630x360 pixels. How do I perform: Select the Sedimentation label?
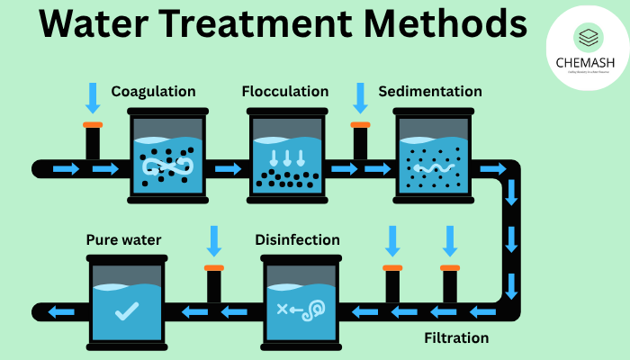430,92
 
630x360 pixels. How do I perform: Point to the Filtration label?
456,338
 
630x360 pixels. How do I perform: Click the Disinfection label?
297,240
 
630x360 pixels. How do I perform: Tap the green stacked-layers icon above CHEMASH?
586,38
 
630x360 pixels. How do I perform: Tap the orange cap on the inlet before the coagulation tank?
93,123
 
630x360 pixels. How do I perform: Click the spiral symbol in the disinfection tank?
315,310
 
